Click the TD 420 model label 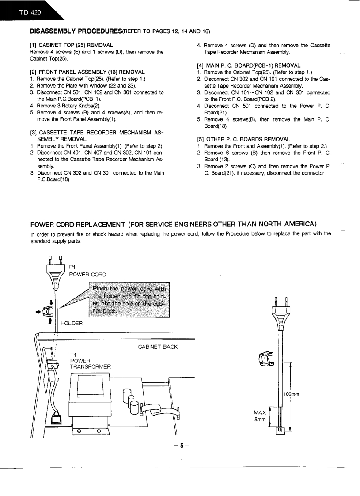30,12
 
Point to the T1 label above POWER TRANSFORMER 74,354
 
